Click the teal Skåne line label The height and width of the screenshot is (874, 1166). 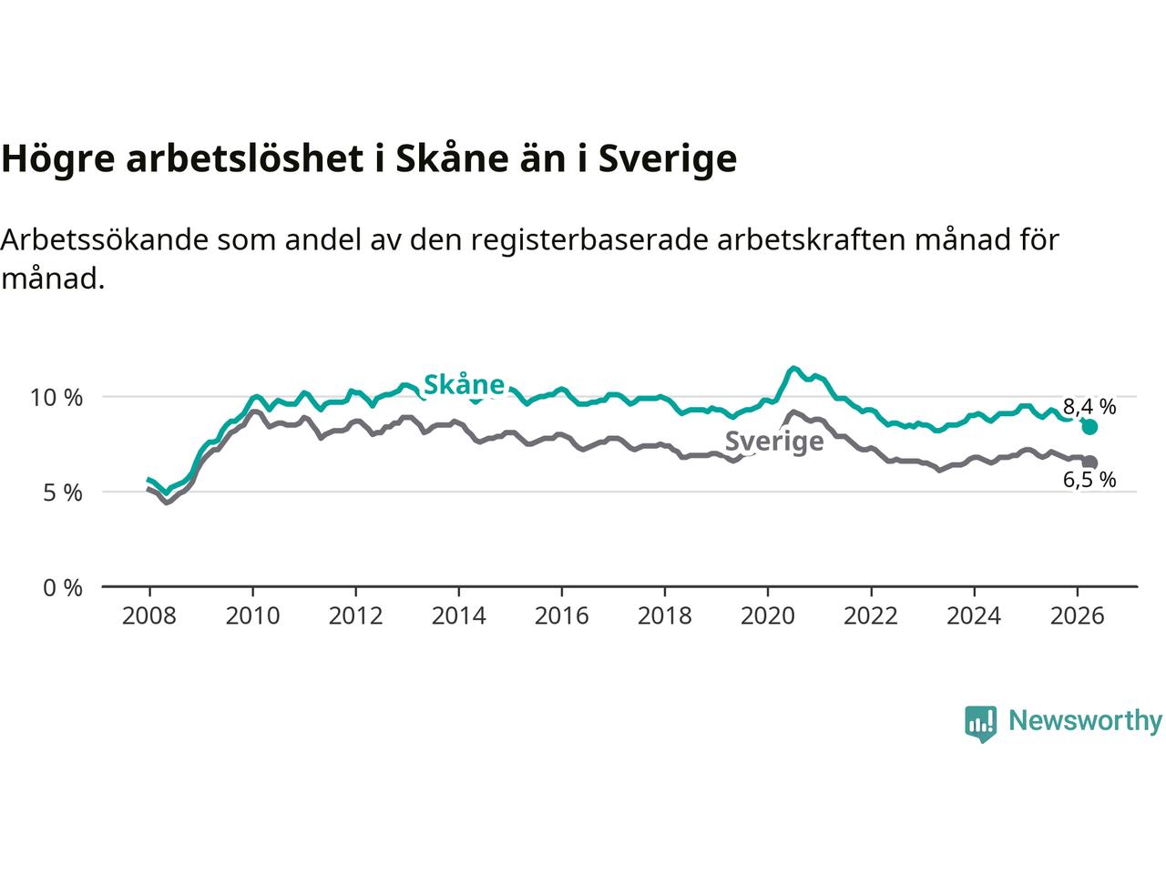click(x=464, y=384)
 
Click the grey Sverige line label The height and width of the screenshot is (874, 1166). click(x=774, y=441)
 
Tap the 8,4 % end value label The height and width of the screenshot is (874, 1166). click(x=1089, y=407)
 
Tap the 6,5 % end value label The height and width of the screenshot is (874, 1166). click(x=1089, y=480)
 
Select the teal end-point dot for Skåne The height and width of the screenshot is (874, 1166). click(x=1089, y=427)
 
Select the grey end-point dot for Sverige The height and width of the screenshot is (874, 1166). click(x=1090, y=462)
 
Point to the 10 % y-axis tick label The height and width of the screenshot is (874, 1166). click(x=56, y=398)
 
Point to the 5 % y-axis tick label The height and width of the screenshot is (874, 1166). click(x=63, y=493)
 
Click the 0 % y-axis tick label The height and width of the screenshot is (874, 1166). click(x=63, y=588)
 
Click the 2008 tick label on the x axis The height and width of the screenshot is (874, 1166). click(x=148, y=616)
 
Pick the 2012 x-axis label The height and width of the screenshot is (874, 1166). click(x=355, y=616)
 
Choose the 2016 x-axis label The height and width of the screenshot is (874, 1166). click(x=561, y=616)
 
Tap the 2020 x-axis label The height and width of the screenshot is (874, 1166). click(x=768, y=616)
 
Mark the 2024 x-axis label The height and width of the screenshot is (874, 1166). click(x=974, y=616)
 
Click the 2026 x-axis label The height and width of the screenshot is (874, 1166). click(x=1077, y=616)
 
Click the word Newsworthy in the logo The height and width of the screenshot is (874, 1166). click(x=1085, y=721)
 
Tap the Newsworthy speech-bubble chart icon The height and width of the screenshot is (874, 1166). click(x=980, y=724)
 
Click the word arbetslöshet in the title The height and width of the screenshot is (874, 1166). click(x=245, y=158)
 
